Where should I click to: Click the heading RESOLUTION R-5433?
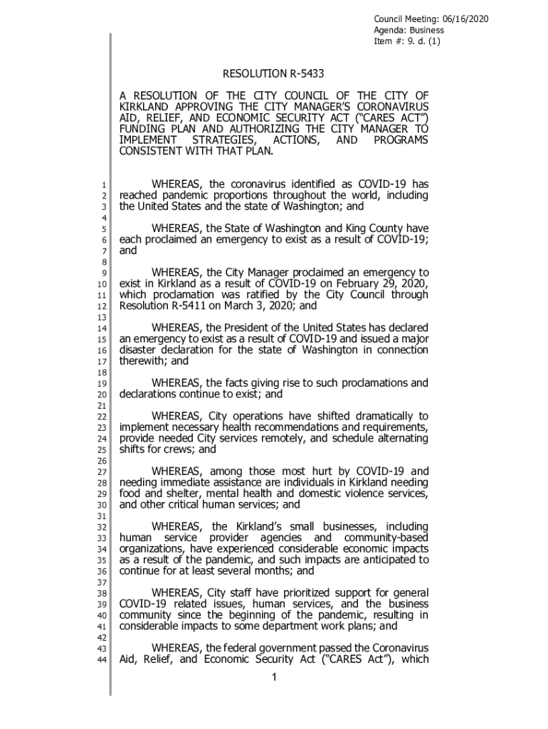tap(274, 73)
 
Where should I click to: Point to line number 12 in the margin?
tap(102, 306)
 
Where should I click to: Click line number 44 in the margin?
tap(102, 660)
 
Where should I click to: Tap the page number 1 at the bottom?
tap(274, 677)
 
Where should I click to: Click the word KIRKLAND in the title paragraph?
tap(144, 107)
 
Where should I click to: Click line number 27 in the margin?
tap(102, 471)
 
